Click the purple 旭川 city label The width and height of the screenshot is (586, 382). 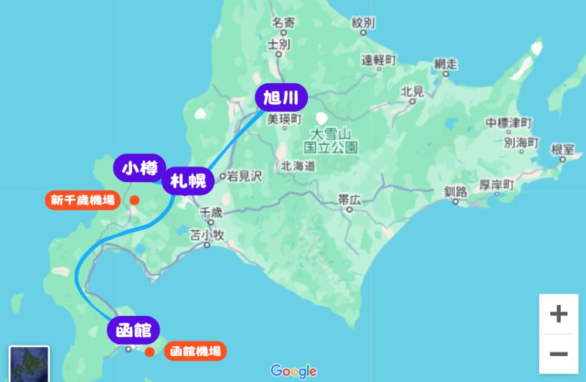pos(281,98)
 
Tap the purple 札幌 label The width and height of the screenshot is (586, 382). pos(188,182)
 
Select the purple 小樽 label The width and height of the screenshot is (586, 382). pos(139,169)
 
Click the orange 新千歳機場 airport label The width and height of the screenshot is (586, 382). pos(82,200)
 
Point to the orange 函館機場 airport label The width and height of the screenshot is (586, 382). pos(195,352)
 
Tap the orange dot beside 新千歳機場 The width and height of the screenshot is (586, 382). pos(134,200)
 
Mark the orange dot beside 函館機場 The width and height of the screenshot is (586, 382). pos(150,352)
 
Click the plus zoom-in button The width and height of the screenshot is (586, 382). pos(558,314)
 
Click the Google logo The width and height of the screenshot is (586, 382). pos(294,371)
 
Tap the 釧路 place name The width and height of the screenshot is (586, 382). pos(455,192)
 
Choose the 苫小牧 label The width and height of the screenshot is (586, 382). pos(207,236)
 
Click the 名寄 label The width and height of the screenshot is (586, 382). pos(284,23)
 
